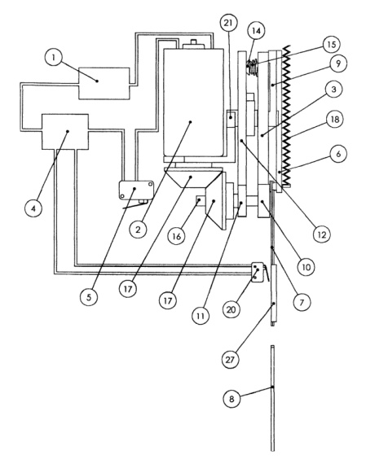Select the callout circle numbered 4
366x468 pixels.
click(32, 208)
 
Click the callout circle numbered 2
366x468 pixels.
click(138, 232)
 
